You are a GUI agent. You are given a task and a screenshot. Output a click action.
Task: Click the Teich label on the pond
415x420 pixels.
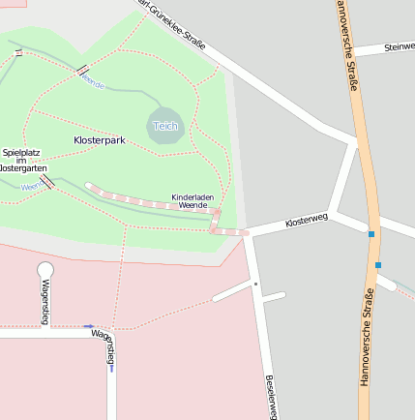click(x=165, y=126)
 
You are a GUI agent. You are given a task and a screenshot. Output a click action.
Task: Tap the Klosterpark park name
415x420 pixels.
click(x=100, y=140)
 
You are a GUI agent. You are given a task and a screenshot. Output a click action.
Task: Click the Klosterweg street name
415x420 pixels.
click(x=307, y=222)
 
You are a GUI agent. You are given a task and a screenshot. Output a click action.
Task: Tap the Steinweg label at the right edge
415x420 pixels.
click(x=400, y=45)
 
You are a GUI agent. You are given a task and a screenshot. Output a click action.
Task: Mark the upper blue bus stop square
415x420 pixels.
click(x=371, y=233)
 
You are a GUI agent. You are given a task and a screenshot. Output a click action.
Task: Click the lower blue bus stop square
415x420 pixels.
click(x=378, y=264)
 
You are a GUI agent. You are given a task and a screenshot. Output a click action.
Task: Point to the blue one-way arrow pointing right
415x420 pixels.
click(x=89, y=327)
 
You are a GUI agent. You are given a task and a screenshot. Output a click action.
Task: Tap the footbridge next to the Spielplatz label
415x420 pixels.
click(x=46, y=181)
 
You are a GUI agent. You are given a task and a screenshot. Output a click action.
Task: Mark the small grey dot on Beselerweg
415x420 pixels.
click(x=255, y=285)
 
